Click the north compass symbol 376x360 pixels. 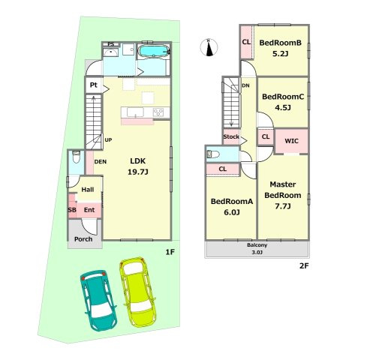pyautogui.click(x=209, y=47)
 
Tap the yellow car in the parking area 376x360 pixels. pyautogui.click(x=138, y=292)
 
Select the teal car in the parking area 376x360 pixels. pyautogui.click(x=98, y=300)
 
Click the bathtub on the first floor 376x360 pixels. pyautogui.click(x=154, y=51)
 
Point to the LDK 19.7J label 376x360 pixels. pyautogui.click(x=138, y=166)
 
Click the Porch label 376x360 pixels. pyautogui.click(x=83, y=239)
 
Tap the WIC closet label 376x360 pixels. pyautogui.click(x=291, y=141)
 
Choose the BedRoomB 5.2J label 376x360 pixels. pyautogui.click(x=280, y=48)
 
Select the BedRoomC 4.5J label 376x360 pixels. pyautogui.click(x=283, y=102)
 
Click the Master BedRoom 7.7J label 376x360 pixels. pyautogui.click(x=283, y=195)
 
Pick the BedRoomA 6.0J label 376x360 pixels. pyautogui.click(x=232, y=207)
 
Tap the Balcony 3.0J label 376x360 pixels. pyautogui.click(x=257, y=248)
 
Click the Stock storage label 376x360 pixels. pyautogui.click(x=231, y=136)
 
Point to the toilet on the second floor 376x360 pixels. pyautogui.click(x=213, y=154)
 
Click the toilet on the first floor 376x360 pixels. pyautogui.click(x=76, y=157)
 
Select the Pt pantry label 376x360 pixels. pyautogui.click(x=94, y=85)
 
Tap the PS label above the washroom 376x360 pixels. pyautogui.click(x=111, y=44)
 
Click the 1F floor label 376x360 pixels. pyautogui.click(x=170, y=252)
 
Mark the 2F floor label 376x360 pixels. pyautogui.click(x=304, y=265)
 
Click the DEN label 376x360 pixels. pyautogui.click(x=101, y=162)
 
